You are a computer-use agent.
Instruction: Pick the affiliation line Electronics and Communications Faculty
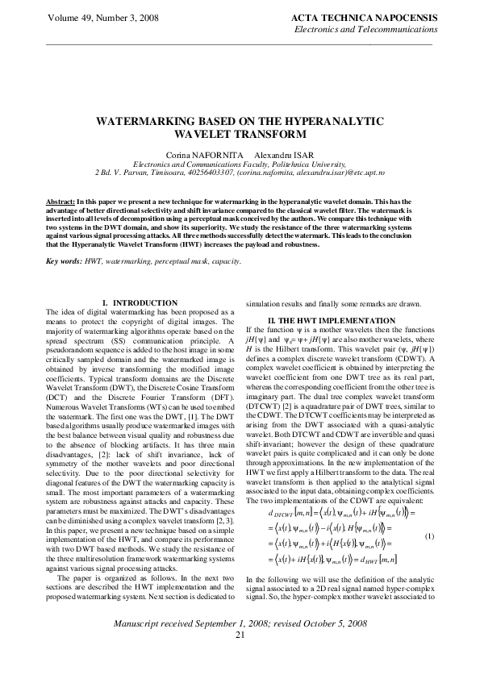pos(240,162)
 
